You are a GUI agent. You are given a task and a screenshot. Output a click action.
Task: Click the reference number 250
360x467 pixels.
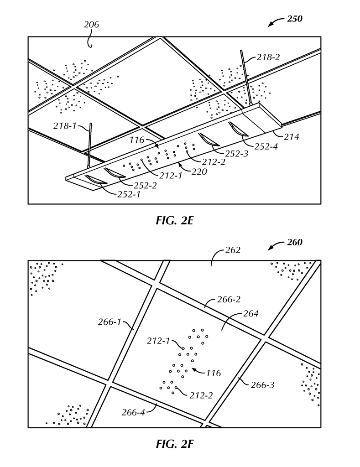[x=295, y=19]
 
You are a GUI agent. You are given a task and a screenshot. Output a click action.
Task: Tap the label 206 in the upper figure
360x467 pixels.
[x=91, y=25]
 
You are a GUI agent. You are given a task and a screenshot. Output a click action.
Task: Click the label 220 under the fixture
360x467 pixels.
[x=199, y=171]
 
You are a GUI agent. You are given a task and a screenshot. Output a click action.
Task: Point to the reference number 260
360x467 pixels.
[x=295, y=243]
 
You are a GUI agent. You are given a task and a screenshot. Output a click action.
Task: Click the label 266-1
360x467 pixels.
[x=110, y=322]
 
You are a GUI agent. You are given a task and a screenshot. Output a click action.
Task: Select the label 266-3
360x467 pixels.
[x=263, y=384]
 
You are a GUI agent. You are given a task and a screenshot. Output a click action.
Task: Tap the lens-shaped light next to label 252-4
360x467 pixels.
[x=238, y=129]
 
